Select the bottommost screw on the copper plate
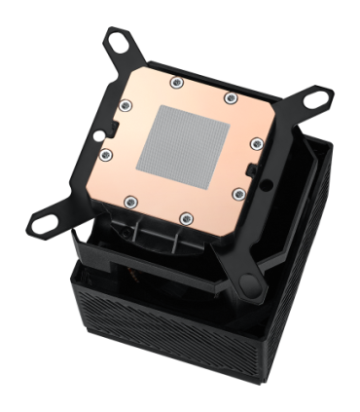(x=183, y=217)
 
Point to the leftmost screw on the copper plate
(x=106, y=154)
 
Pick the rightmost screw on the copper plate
(x=255, y=143)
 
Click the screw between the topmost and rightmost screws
(x=231, y=97)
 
